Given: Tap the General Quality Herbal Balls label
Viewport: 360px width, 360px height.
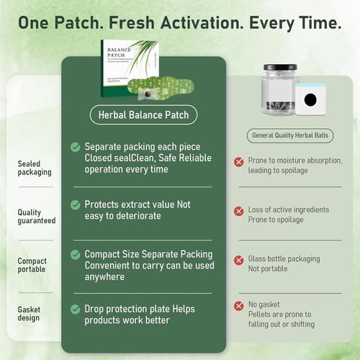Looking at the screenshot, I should pos(291,135).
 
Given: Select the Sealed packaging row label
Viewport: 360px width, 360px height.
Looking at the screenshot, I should pos(34,168).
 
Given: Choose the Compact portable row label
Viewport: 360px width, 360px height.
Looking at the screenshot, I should pos(32,265).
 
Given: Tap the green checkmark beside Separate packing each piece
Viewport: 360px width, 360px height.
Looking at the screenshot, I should pos(76,147).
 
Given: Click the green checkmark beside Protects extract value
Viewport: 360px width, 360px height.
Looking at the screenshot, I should pos(76,204).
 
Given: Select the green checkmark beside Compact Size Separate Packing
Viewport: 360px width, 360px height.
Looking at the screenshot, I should pos(76,255).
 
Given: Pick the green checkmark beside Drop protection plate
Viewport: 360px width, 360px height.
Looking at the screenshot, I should pos(76,309).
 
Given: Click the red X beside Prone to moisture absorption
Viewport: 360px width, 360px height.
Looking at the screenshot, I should pos(238,162).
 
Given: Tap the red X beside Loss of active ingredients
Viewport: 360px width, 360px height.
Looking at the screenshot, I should pos(238,211).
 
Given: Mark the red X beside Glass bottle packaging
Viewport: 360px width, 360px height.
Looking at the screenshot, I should pos(238,259).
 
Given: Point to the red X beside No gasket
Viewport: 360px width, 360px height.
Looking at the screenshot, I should pos(238,306).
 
